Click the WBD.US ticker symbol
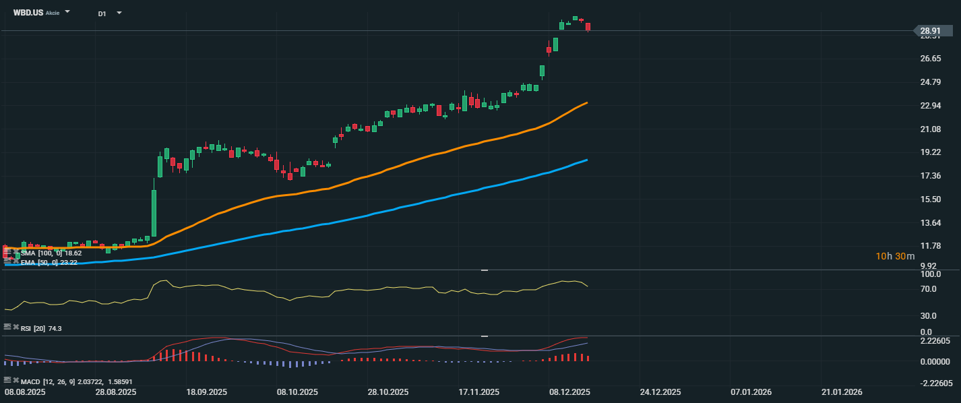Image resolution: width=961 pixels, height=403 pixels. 28,12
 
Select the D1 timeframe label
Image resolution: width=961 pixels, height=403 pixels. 102,13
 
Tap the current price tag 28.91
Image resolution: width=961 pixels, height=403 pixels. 931,31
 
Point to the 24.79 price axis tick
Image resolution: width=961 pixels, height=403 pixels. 931,82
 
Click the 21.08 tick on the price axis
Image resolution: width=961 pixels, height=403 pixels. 931,129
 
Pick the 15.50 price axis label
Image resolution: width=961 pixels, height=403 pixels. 931,199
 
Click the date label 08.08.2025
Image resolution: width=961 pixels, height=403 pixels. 25,392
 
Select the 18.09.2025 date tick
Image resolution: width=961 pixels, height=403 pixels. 206,392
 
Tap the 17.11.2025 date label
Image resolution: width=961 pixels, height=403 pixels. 478,392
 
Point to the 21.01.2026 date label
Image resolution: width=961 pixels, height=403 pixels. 842,392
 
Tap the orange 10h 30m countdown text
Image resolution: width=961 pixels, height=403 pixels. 895,256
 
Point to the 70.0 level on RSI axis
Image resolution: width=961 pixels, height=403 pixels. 929,289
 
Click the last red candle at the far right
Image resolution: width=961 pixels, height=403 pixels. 588,27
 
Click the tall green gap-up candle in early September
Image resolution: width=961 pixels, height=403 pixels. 154,212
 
